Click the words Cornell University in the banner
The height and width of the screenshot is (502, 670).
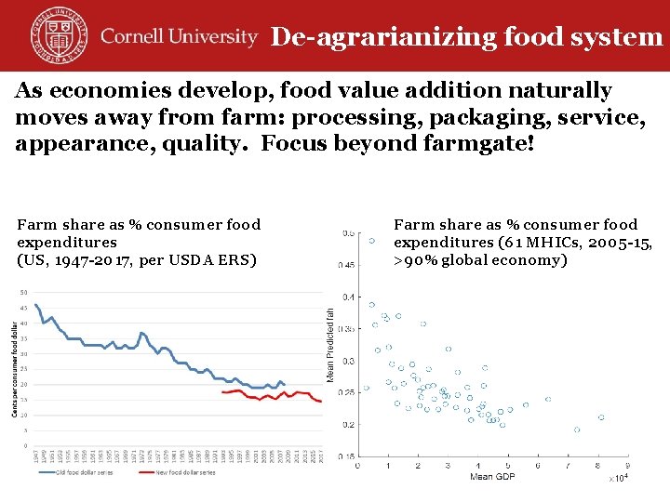click(x=179, y=37)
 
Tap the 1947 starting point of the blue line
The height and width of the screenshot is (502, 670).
click(x=36, y=305)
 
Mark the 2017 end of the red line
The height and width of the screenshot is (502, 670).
click(x=322, y=402)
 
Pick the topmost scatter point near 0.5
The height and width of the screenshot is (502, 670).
click(x=372, y=240)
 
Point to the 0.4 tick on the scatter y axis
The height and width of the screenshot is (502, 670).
click(x=348, y=297)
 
